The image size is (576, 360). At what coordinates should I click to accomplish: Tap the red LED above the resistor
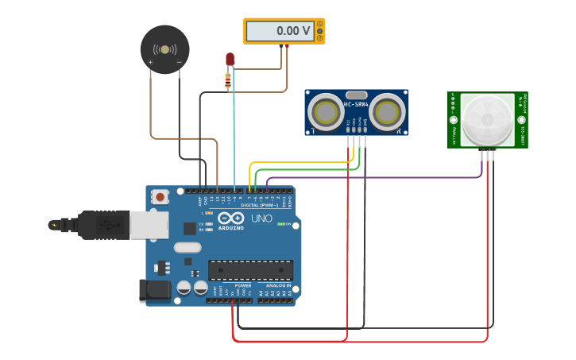pos(230,60)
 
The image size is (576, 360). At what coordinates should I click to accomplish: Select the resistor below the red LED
pos(228,79)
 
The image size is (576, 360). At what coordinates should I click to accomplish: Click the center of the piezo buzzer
pos(164,49)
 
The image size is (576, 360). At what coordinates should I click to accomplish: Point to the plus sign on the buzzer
pos(150,62)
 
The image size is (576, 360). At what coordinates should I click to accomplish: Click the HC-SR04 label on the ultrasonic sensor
pos(355,104)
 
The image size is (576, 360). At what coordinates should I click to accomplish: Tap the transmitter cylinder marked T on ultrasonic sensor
pos(326,112)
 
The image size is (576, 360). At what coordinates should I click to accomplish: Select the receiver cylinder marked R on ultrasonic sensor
pos(387,112)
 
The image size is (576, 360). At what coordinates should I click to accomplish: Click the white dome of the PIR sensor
pos(487,120)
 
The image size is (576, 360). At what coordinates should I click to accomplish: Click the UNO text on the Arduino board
pos(261,219)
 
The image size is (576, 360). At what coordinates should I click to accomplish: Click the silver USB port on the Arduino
pos(149,225)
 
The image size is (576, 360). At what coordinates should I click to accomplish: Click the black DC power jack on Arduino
pos(154,290)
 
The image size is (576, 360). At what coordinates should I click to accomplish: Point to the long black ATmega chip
pos(250,270)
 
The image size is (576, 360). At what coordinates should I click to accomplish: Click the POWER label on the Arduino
pos(243,285)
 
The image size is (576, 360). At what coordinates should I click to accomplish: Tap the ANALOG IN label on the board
pos(278,285)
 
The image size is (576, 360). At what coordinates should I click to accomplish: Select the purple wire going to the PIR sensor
pos(373,178)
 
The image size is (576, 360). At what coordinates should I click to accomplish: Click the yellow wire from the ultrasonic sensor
pos(302,162)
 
